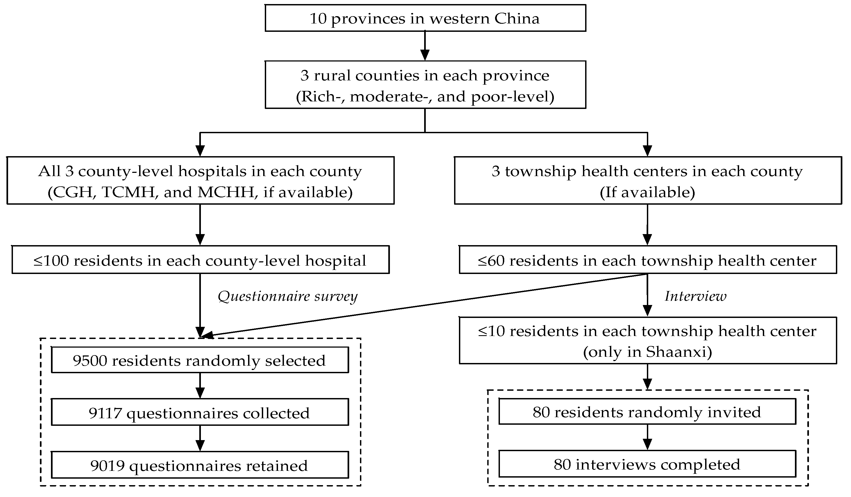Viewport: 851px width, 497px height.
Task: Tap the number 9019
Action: point(107,466)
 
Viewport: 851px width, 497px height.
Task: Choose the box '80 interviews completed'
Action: point(647,465)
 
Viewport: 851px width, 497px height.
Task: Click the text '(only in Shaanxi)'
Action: point(647,352)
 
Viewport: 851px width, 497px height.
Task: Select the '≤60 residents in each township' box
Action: point(647,261)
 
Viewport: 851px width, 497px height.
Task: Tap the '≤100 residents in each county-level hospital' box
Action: point(200,261)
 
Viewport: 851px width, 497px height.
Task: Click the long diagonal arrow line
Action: point(422,306)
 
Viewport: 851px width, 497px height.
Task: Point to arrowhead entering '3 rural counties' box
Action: point(425,55)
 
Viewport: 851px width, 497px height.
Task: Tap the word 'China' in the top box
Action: point(517,18)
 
